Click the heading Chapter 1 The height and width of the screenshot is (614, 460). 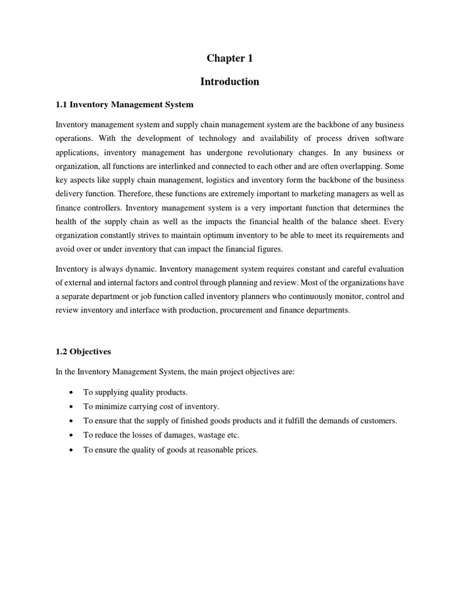tap(230, 58)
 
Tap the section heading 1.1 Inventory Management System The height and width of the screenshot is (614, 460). tap(125, 105)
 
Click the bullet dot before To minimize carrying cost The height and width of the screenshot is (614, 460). tap(72, 407)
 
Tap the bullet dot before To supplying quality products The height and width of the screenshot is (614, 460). tap(72, 392)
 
